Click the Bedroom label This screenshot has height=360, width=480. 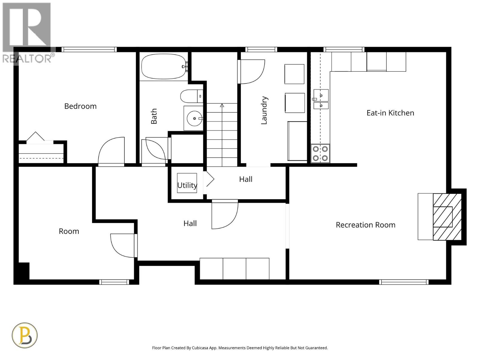pos(80,106)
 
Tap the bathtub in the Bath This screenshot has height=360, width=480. pos(163,67)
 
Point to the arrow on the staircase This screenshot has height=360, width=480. pos(222,105)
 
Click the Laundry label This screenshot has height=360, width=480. pos(264,110)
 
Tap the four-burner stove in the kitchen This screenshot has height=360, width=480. pos(320,153)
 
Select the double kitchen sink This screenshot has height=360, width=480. pos(321,99)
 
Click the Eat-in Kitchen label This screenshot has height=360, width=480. pos(390,113)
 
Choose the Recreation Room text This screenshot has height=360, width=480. pos(365,225)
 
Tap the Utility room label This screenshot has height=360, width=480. pos(187,185)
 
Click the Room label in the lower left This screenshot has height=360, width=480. pos(69,231)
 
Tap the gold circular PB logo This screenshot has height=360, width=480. pos(25,335)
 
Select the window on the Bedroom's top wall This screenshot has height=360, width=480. pos(89,49)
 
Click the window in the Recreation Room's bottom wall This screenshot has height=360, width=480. pos(404,282)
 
